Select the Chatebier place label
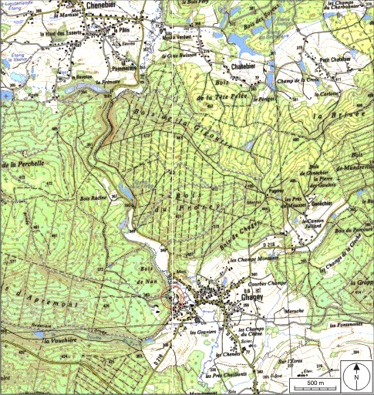(x=241, y=66)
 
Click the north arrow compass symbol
(x=356, y=376)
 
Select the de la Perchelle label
(x=20, y=165)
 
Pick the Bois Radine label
(x=92, y=199)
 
